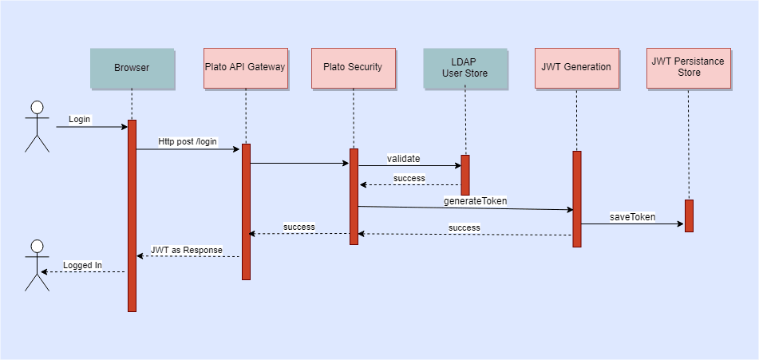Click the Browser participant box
point(132,68)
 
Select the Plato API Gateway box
point(245,68)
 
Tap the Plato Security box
point(353,68)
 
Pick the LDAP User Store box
point(464,68)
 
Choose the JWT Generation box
point(575,68)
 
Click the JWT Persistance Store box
point(689,68)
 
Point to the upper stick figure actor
point(37,126)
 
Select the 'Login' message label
point(80,119)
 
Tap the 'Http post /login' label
point(188,141)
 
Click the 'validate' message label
point(404,158)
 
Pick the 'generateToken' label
point(476,201)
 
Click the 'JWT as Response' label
point(187,250)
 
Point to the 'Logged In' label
point(82,265)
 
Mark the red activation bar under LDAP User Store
point(464,175)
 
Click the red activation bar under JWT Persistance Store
point(688,216)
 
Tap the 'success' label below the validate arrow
point(409,178)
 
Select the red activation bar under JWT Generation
point(576,199)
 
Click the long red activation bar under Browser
point(132,216)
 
